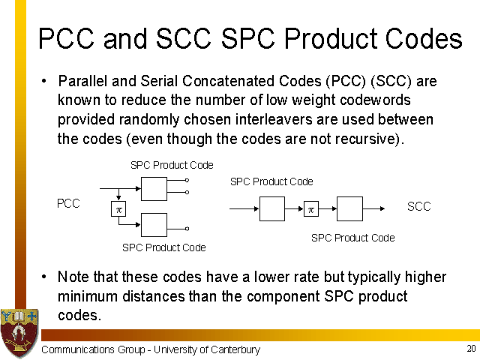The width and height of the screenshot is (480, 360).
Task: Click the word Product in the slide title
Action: coord(331,38)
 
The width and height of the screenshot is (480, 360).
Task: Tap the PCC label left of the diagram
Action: coord(68,203)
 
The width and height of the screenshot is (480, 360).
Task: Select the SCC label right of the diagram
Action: coord(418,206)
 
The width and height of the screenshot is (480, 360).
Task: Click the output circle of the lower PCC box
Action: coord(187,229)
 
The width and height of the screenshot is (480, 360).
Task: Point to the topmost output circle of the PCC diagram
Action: coord(187,181)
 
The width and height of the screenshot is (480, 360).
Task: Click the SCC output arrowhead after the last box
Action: coord(382,208)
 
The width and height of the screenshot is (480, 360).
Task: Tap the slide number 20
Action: coord(471,348)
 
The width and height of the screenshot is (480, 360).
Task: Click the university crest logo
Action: coord(19,333)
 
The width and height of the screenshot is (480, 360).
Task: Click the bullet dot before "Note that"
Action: coord(44,277)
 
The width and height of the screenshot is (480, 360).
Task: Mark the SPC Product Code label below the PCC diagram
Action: coord(164,247)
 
